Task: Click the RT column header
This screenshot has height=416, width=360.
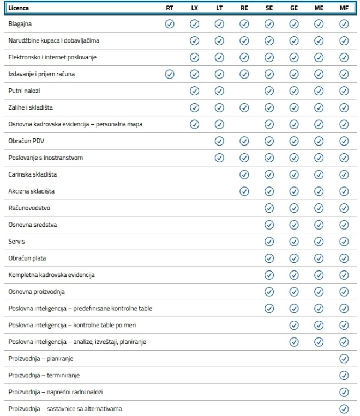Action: point(169,9)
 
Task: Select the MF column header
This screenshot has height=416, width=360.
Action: point(344,9)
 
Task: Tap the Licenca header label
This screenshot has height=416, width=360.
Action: point(19,9)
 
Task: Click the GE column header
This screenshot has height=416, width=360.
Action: point(294,9)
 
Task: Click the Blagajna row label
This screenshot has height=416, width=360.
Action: point(21,24)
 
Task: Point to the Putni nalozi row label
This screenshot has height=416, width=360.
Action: point(25,91)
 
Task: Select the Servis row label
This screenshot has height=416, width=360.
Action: point(17,241)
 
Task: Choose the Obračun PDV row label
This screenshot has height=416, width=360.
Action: point(27,141)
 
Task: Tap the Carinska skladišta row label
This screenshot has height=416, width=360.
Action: point(32,174)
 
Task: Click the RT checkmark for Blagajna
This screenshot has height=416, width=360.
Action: point(169,24)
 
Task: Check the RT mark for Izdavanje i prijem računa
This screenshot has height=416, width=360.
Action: point(169,74)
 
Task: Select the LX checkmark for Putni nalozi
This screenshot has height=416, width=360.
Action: point(194,91)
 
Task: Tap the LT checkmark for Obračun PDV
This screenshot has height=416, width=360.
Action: point(219,141)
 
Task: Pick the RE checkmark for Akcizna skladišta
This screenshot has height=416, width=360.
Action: point(244,191)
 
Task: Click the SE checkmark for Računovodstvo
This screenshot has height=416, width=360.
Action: point(269,208)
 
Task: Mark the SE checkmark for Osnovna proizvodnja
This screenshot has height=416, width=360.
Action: point(269,292)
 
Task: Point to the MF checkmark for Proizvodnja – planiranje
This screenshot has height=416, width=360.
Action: point(344,358)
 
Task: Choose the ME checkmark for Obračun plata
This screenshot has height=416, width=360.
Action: point(319,258)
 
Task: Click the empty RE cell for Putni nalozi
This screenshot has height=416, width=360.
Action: point(244,91)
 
